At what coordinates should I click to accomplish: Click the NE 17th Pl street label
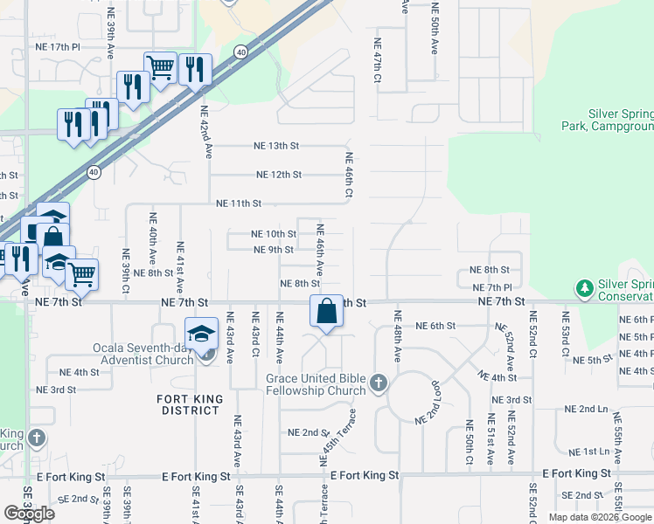tap(58, 45)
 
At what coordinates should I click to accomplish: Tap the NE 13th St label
tap(276, 146)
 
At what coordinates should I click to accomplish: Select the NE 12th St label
tap(279, 175)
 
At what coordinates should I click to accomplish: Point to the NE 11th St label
tap(239, 203)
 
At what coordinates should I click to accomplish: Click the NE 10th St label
tap(274, 234)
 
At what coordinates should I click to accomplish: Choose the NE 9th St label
tap(274, 250)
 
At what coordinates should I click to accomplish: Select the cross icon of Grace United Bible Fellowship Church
tap(378, 382)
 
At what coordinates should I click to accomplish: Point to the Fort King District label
tap(191, 405)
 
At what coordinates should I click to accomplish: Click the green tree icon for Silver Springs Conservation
tap(583, 287)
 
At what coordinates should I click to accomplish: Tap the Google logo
tap(29, 514)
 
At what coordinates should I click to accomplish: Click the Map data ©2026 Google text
tap(601, 517)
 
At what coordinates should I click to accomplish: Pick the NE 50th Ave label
tap(434, 28)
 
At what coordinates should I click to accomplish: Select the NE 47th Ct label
tap(378, 60)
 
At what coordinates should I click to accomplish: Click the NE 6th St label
tap(437, 326)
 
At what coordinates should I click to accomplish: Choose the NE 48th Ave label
tap(398, 336)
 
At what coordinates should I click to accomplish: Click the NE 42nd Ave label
tap(206, 132)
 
